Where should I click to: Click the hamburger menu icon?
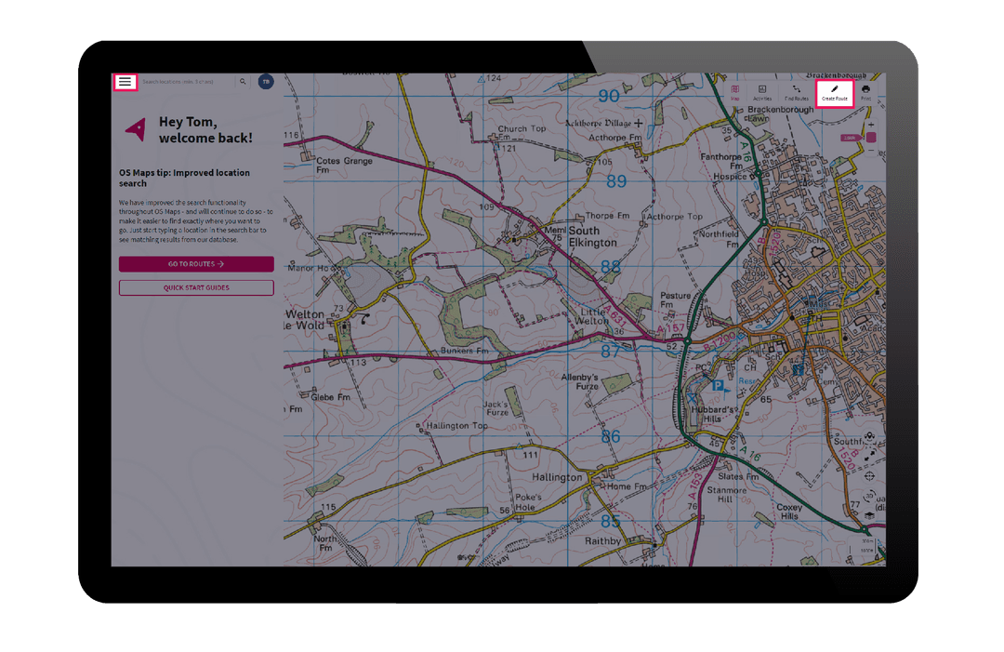click(x=125, y=82)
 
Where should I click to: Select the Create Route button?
click(x=835, y=92)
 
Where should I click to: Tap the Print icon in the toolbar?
click(x=865, y=92)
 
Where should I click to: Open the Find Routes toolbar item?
click(x=796, y=92)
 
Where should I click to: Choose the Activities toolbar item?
click(x=762, y=92)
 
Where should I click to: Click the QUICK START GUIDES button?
click(x=196, y=287)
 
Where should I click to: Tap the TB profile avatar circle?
click(x=266, y=82)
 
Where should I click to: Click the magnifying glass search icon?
click(x=243, y=82)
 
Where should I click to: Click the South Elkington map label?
click(x=592, y=236)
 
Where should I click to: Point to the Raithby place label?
click(x=602, y=540)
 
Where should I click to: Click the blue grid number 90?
click(x=609, y=96)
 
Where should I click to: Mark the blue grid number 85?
click(x=610, y=521)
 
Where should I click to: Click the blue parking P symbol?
click(x=717, y=384)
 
